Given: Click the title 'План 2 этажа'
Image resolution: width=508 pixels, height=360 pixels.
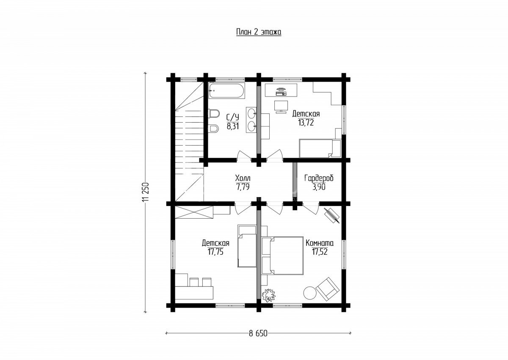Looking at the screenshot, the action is pos(259,32).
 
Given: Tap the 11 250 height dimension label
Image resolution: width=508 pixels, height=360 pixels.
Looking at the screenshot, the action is pos(145,192).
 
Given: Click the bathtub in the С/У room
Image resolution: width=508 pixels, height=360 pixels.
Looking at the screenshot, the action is pos(226,91).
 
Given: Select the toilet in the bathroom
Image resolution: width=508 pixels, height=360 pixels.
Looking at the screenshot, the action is pos(214,113).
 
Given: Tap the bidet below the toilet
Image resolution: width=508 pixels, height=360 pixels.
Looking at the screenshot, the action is pos(214,129).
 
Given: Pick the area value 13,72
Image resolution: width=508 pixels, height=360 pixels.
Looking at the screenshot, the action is pos(306,123).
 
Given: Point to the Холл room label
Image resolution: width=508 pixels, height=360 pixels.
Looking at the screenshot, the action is pos(243,178).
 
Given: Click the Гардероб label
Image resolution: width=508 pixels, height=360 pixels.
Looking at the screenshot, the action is pos(319,178).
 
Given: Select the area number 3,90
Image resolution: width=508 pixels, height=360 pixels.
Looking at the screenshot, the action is pos(319,187).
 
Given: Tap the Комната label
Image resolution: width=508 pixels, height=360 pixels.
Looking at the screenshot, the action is pos(320,243).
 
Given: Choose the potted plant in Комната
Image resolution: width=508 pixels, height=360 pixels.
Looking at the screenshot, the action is pos(269,295).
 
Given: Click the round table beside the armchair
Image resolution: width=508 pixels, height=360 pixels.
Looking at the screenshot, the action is pos(309,293).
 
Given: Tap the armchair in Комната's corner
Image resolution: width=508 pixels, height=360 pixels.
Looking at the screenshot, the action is pos(328,289).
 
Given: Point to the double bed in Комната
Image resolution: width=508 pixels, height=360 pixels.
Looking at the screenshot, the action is pos(283,256).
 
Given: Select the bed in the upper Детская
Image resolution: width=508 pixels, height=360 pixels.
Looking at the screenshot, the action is pos(320,148).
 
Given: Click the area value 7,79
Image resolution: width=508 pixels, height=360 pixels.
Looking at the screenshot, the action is pos(243,187).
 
